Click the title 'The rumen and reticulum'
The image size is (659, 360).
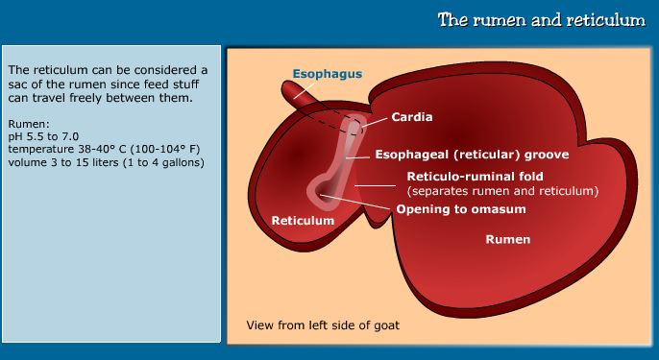[x=541, y=20]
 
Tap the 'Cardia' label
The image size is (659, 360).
[x=411, y=117]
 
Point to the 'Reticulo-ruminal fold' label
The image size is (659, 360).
[x=476, y=177]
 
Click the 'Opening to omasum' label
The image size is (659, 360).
[x=457, y=207]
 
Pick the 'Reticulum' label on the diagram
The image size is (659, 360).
[x=303, y=220]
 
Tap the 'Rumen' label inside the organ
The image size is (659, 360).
[x=507, y=240]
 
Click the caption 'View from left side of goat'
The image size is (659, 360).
[x=323, y=324]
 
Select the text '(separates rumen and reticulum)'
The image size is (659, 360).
[x=502, y=191]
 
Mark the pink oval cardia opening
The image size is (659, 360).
[x=354, y=126]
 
